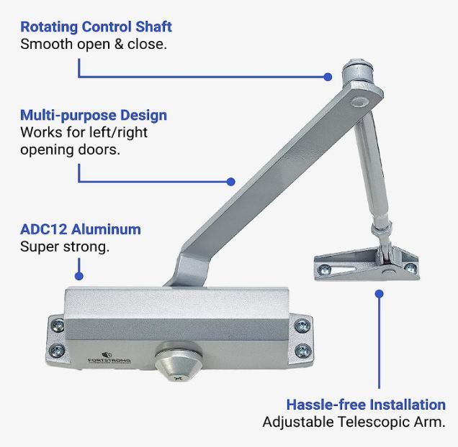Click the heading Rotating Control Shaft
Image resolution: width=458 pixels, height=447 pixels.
coord(96,27)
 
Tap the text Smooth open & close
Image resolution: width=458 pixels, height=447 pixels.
coord(93,44)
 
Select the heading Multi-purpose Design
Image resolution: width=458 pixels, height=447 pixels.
coord(94,115)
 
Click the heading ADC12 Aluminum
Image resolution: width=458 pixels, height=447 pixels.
coord(81,230)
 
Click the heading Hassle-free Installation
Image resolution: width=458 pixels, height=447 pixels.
coord(366,404)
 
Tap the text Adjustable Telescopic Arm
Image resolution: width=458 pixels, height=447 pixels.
coord(354,422)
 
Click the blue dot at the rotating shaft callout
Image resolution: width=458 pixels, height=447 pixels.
coord(328,76)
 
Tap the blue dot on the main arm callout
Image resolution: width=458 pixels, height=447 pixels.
coord(231,182)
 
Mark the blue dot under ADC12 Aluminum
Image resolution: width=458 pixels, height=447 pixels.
coord(79,275)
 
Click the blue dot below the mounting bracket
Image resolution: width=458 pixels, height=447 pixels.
coord(380,293)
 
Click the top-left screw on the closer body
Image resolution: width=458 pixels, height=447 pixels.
coord(59,323)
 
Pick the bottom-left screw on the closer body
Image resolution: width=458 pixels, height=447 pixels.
coord(59,351)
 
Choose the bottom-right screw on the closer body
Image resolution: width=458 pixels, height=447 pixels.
coord(304,351)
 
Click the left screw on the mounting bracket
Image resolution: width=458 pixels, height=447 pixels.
coord(325,269)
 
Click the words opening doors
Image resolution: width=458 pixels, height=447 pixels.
coord(70,150)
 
